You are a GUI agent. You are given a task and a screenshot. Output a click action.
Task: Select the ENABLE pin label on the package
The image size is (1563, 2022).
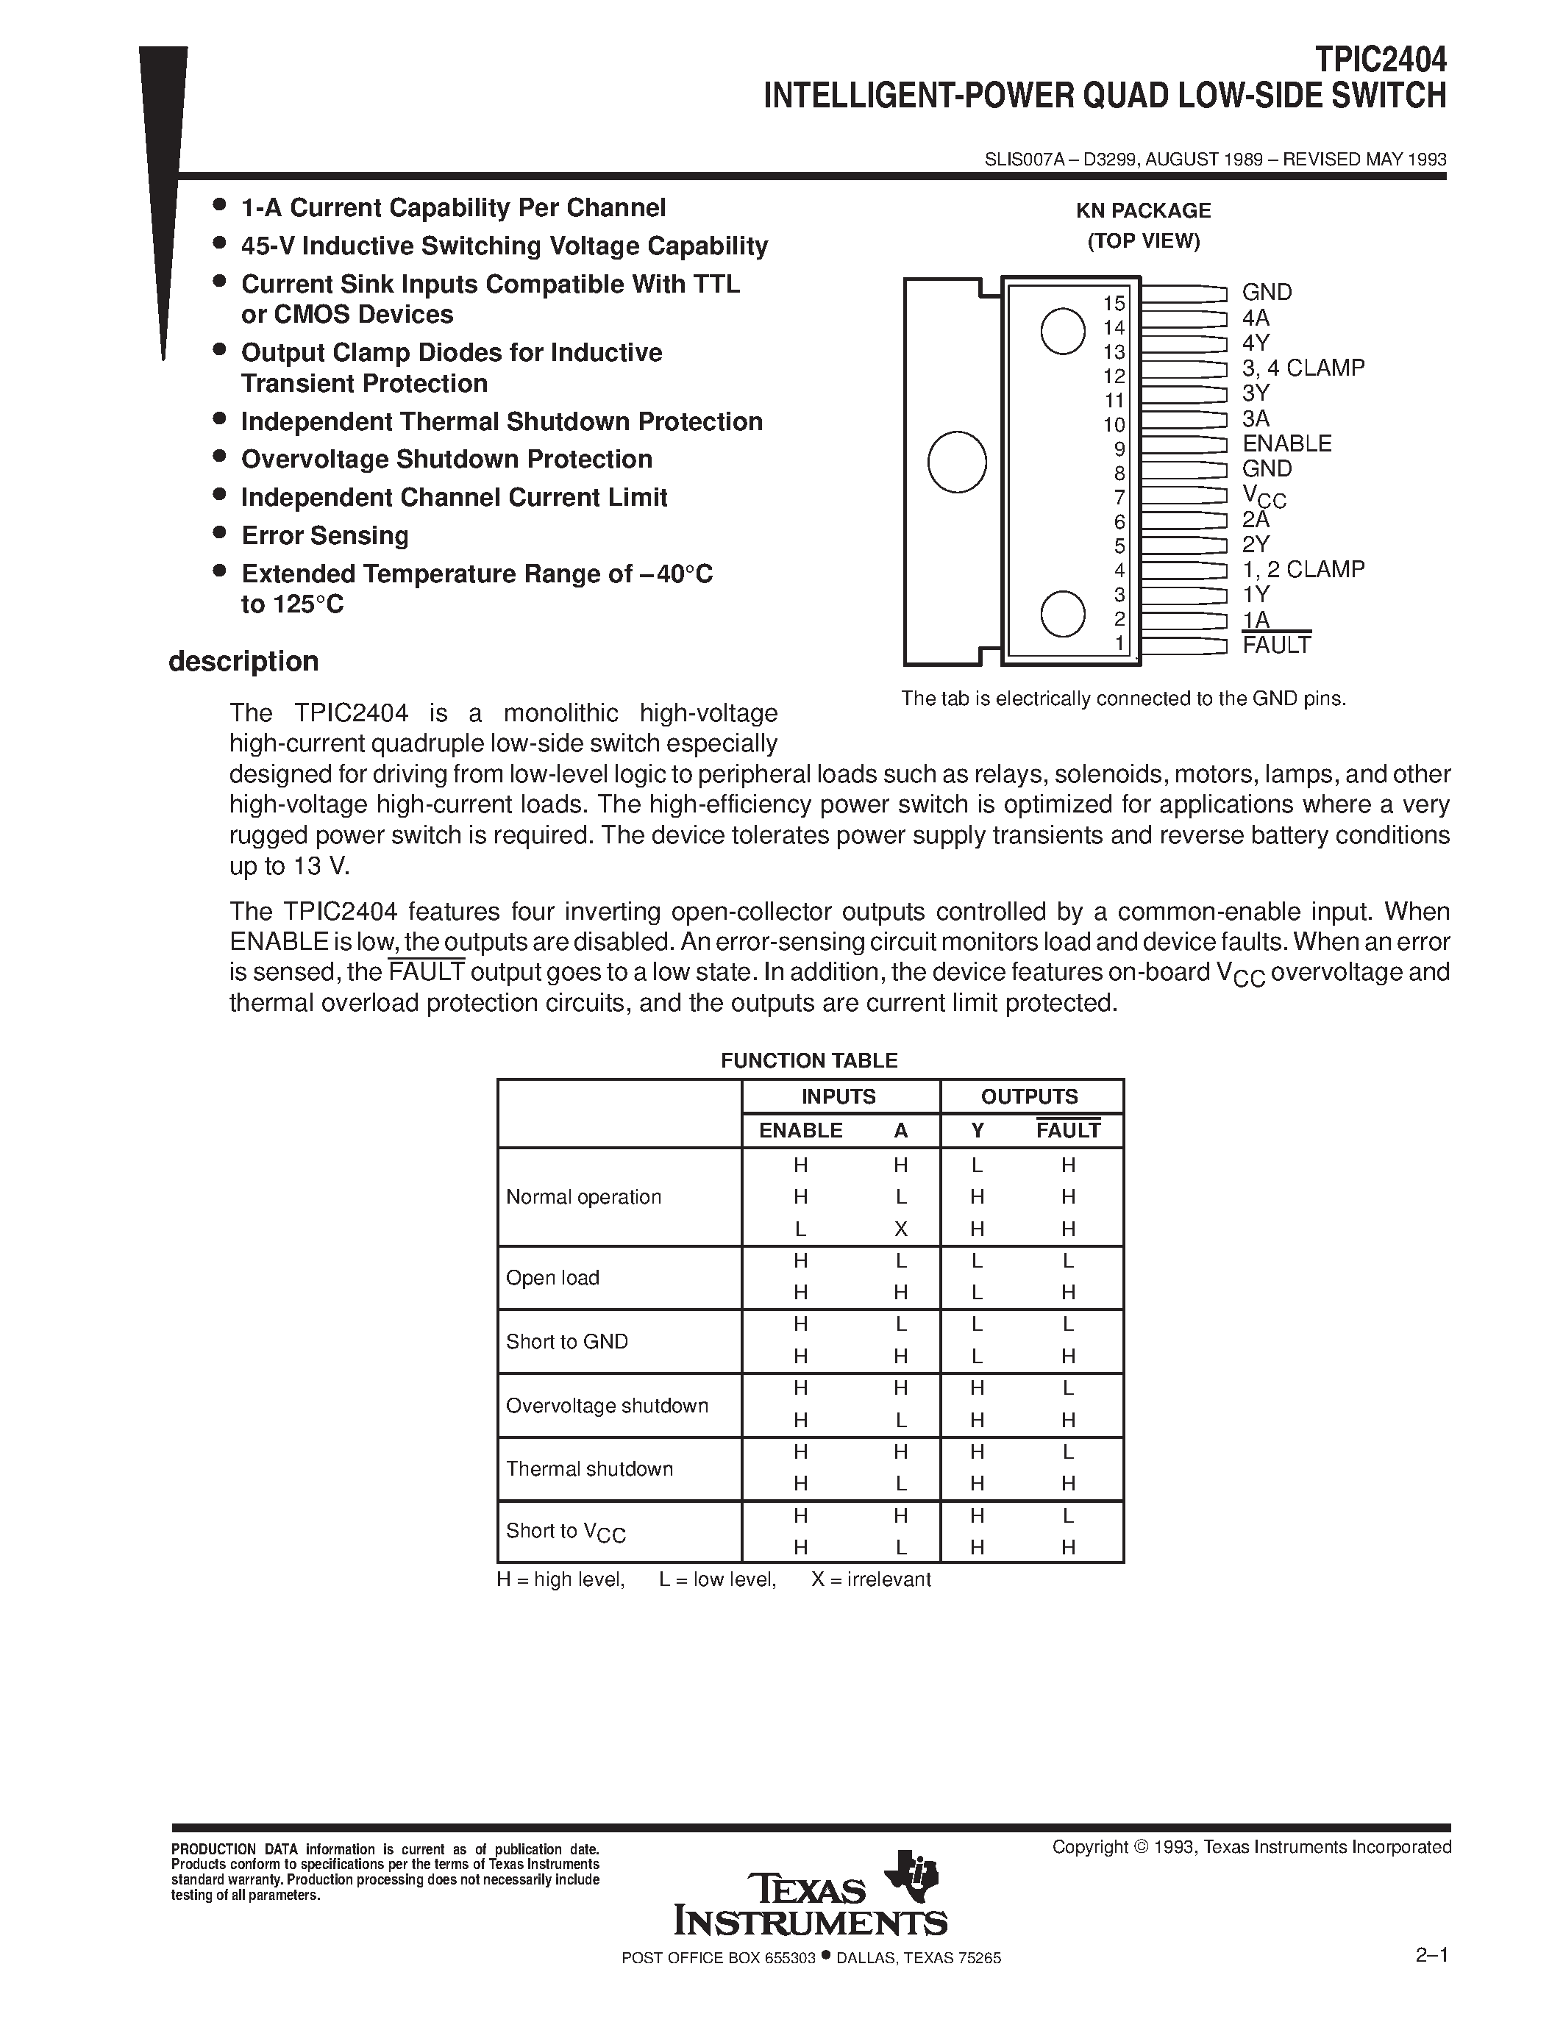[1286, 443]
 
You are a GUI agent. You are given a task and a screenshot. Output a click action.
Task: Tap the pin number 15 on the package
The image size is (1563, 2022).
[1114, 304]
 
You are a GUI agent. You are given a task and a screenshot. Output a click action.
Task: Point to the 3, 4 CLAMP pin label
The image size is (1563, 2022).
[1303, 368]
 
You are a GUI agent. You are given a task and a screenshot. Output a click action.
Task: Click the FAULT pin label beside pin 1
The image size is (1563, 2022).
[1276, 646]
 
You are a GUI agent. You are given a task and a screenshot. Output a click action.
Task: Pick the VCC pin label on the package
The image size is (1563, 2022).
[1264, 496]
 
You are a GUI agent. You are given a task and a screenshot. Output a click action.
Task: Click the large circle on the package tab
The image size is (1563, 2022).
[956, 461]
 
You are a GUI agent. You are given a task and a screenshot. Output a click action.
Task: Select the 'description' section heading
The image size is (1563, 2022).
[243, 661]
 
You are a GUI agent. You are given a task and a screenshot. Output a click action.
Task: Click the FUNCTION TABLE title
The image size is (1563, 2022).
[809, 1060]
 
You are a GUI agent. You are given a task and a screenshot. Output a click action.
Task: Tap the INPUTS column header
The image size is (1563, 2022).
[838, 1096]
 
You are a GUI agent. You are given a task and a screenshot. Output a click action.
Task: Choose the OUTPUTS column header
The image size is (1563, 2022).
[1029, 1096]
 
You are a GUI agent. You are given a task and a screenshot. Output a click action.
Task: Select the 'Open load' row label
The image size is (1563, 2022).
[553, 1278]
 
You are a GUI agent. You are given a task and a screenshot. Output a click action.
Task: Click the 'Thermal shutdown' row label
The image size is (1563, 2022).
[589, 1468]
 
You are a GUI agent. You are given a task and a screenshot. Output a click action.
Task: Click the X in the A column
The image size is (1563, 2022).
[900, 1229]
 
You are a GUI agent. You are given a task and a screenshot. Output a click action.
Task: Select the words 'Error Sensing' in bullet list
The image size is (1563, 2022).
[324, 536]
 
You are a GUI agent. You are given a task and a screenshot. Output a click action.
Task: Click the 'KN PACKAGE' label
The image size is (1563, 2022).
[1142, 211]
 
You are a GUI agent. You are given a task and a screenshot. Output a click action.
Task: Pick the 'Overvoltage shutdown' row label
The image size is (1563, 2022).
[607, 1405]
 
